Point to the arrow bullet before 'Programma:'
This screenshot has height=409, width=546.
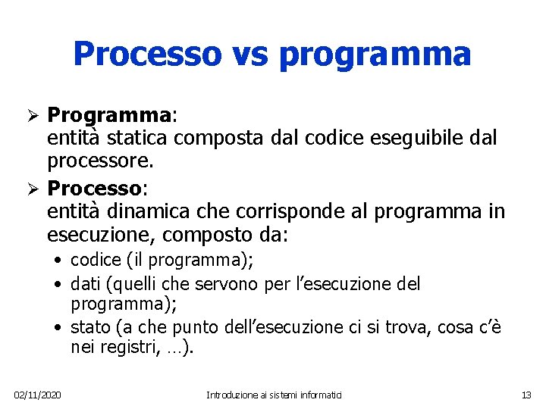[33, 116]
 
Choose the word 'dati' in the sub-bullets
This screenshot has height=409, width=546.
[84, 284]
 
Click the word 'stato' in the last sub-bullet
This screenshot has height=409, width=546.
[89, 328]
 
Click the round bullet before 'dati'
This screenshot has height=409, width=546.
[58, 285]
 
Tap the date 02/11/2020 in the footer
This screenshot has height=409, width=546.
[38, 395]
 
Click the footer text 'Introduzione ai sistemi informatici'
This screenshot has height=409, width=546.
[275, 395]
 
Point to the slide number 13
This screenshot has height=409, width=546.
[527, 395]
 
